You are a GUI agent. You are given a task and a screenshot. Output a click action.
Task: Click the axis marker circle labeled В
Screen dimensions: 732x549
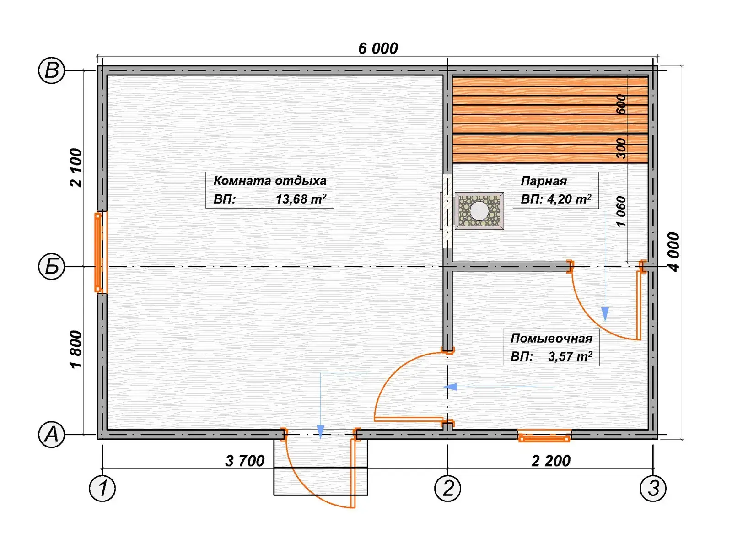click(51, 70)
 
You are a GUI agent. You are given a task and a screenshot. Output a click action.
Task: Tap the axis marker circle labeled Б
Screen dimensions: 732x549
click(51, 267)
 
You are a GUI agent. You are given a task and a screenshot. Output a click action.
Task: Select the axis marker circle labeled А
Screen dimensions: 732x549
click(51, 435)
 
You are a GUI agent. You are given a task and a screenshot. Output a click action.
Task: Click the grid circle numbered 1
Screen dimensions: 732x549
click(102, 488)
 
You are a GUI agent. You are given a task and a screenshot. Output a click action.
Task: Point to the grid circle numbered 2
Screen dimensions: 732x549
click(447, 488)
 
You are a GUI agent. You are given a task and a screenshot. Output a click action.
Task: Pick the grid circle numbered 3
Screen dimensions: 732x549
click(653, 488)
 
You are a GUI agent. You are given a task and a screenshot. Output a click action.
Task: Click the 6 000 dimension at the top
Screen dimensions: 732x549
click(378, 48)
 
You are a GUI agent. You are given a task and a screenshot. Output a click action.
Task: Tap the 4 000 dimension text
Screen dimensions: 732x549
click(673, 252)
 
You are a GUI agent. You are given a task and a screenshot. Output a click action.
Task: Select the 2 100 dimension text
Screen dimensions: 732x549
click(76, 167)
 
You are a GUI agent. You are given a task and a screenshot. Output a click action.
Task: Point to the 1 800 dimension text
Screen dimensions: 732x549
click(76, 350)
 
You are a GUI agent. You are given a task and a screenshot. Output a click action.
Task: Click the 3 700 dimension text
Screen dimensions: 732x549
click(245, 461)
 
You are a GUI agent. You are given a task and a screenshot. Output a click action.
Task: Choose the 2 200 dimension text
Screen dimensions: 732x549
click(551, 461)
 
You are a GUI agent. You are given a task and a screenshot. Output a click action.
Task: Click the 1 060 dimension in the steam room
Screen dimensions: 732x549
click(621, 212)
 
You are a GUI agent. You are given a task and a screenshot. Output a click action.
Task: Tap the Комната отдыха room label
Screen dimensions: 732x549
click(270, 181)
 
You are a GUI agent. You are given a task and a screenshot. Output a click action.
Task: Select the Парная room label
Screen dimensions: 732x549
click(544, 181)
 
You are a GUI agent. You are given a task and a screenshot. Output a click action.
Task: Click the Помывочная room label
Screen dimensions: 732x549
click(551, 339)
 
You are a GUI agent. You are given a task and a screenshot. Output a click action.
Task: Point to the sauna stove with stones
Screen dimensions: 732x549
click(479, 210)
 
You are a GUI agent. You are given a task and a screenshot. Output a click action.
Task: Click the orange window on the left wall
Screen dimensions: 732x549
click(100, 253)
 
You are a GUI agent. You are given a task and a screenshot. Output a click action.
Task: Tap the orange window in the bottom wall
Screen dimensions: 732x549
click(544, 436)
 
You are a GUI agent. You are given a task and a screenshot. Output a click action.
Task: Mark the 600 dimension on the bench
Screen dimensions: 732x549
click(621, 104)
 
